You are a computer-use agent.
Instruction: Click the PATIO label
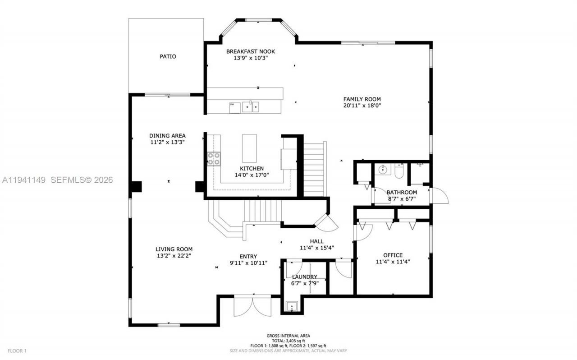coord(168,56)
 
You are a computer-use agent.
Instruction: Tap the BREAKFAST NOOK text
coord(250,51)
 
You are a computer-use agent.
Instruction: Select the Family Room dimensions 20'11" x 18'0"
coord(362,106)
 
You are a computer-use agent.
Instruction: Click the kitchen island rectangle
coord(249,148)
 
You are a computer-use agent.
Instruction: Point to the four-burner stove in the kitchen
coord(214,159)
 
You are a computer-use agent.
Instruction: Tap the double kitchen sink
coord(251,106)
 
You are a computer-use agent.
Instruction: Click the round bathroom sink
coord(383,170)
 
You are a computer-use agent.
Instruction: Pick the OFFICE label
coord(393,255)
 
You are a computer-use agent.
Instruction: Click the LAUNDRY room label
coord(304,277)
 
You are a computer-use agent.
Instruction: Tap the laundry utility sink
coord(292,307)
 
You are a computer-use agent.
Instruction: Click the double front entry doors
coord(253,306)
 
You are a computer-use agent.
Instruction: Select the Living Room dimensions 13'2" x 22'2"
coord(174,256)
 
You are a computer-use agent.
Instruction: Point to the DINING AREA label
coord(167,135)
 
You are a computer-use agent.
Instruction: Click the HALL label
coord(316,241)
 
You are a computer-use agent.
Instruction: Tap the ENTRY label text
coord(248,256)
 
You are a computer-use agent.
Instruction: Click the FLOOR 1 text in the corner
coord(17,351)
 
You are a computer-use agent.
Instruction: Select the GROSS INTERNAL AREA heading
coord(288,336)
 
